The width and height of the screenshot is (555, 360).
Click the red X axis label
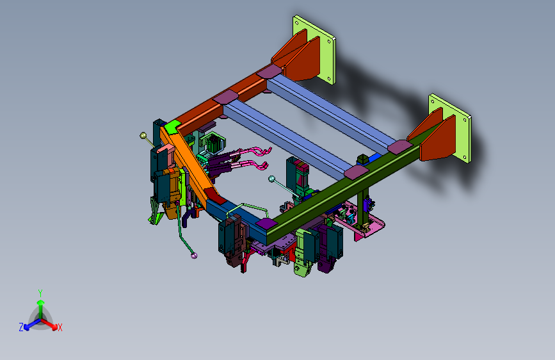click(60, 327)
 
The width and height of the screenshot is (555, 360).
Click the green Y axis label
click(40, 293)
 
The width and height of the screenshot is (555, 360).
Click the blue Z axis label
click(21, 327)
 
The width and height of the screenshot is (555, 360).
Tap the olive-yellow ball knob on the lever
click(143, 135)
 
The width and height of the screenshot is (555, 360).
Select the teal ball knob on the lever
click(271, 179)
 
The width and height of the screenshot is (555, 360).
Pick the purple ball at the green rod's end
click(193, 256)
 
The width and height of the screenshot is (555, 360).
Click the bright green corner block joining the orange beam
click(172, 126)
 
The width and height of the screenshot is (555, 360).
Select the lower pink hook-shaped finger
click(252, 165)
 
